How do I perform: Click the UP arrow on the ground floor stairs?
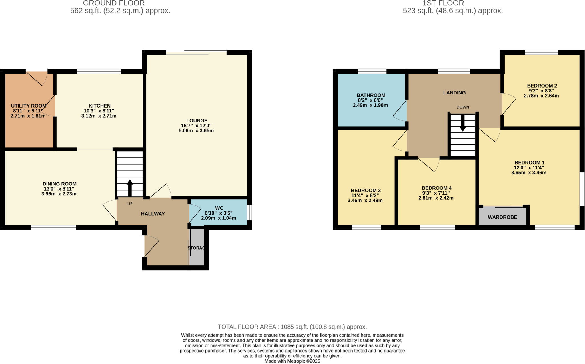point(130,187)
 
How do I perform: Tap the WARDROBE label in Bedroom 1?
point(502,217)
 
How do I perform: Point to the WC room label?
point(219,208)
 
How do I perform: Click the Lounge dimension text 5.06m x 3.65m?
point(196,131)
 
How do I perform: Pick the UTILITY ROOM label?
point(29,106)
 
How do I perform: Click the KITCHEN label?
point(99,106)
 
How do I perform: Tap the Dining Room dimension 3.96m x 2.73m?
point(59,194)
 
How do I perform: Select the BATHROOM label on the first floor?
point(371,95)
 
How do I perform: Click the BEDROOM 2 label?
point(542,86)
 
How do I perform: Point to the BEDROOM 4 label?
point(436,188)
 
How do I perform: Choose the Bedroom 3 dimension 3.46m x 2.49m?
point(365,201)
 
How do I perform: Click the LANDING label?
point(454,92)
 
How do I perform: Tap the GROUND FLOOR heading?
point(114,3)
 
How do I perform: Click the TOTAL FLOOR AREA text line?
point(292,327)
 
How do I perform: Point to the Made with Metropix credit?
point(292,361)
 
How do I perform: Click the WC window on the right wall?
point(249,213)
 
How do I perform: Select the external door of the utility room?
point(37,78)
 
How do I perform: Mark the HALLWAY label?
point(153,214)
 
